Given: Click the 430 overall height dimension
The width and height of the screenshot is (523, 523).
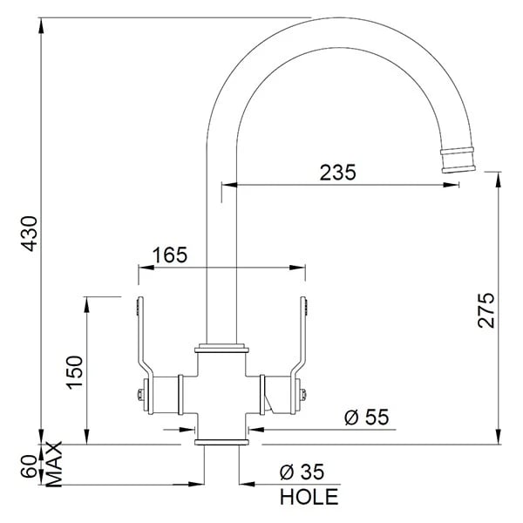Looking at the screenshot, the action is [x=30, y=234].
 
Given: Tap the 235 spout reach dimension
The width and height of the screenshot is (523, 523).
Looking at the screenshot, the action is [x=338, y=173].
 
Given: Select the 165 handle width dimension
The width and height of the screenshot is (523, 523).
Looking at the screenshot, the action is [x=170, y=255].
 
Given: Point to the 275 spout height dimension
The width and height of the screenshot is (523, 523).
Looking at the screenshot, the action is [x=486, y=310].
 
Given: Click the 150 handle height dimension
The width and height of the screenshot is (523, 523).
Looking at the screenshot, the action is [x=75, y=372].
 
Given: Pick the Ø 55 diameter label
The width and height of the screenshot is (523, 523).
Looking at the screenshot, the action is [x=367, y=417].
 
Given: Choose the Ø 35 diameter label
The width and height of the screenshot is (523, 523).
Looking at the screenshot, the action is [x=302, y=472].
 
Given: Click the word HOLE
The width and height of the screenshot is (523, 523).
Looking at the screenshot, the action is [x=309, y=497].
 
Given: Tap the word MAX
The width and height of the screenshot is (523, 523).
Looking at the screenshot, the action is [x=54, y=464].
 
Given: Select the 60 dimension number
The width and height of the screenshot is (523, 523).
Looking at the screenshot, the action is [x=30, y=466].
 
